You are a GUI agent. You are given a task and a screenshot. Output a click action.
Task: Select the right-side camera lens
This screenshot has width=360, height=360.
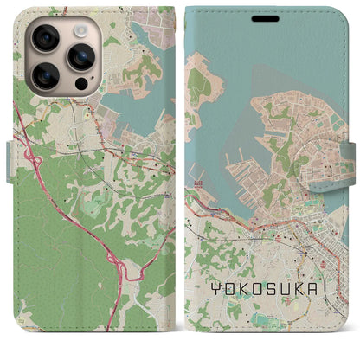pos(80,58)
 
